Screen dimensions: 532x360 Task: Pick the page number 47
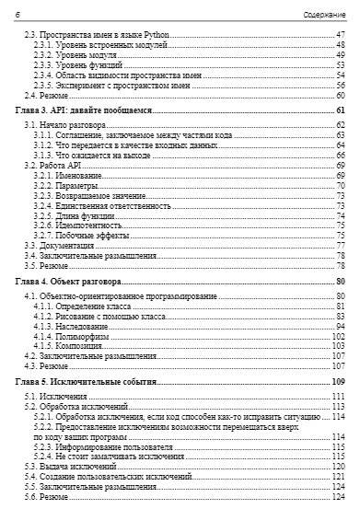[340, 35]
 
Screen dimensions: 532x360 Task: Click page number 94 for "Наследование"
[340, 327]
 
